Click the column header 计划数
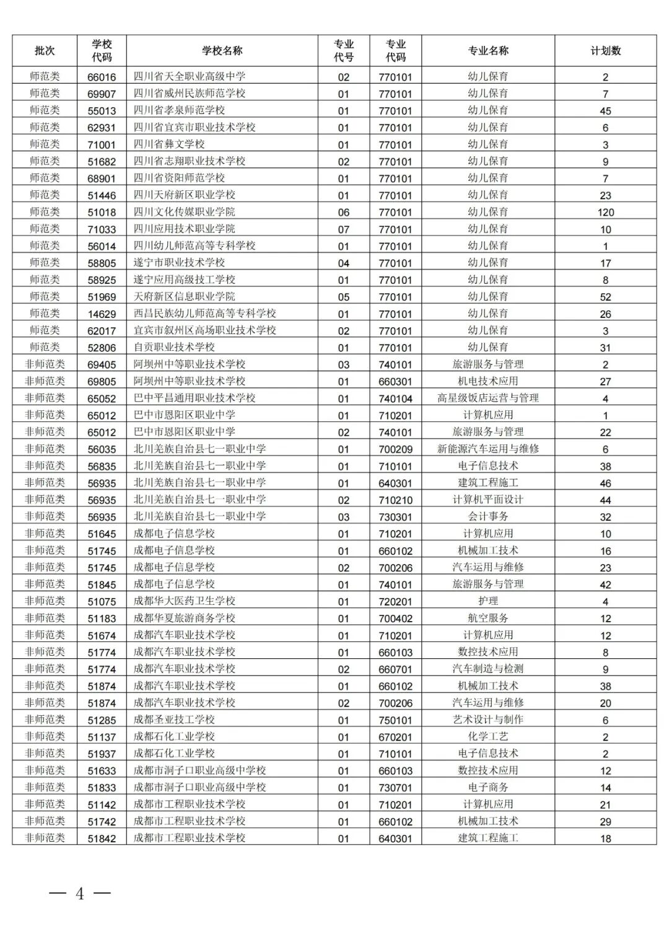[605, 51]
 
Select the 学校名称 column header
[222, 51]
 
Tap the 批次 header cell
[45, 51]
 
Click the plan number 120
[605, 212]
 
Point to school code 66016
[102, 77]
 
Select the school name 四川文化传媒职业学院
[185, 212]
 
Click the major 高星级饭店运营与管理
[488, 398]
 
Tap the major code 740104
[395, 399]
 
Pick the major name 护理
[488, 601]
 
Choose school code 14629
[102, 314]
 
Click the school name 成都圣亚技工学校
[174, 720]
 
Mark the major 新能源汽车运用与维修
[488, 449]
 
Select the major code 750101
[395, 720]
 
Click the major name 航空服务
[488, 618]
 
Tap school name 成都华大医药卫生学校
[185, 601]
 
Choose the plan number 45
[605, 111]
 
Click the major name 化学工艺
[488, 737]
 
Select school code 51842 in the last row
[102, 839]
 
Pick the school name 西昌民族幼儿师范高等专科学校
[205, 314]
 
